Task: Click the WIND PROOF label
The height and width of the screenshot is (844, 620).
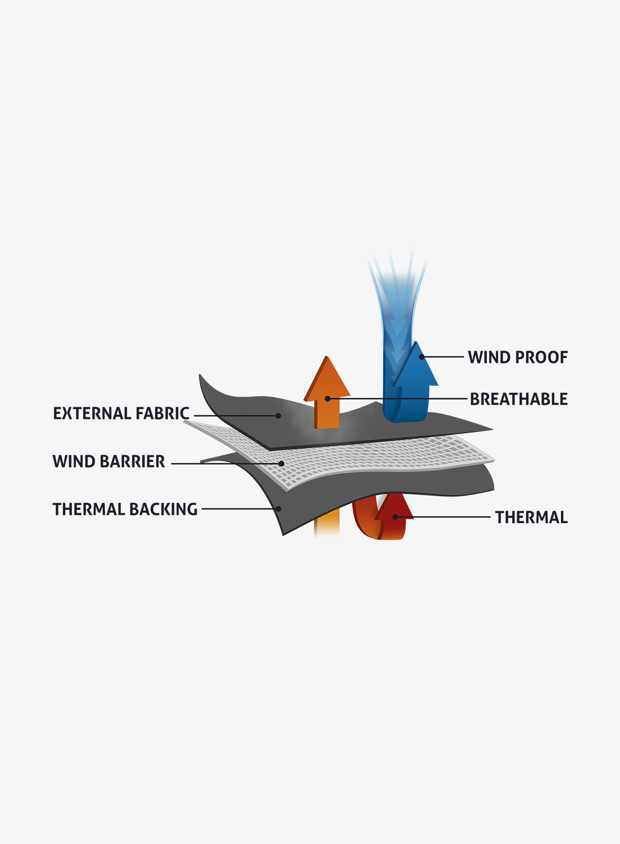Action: click(x=518, y=357)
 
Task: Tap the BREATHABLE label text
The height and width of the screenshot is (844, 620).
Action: click(x=519, y=399)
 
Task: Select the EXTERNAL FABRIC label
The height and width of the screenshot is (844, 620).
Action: click(x=121, y=414)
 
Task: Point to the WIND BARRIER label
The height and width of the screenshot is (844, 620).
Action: click(x=109, y=461)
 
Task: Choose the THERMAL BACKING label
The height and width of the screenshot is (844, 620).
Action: click(x=125, y=509)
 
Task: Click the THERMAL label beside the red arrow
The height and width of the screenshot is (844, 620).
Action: click(x=532, y=517)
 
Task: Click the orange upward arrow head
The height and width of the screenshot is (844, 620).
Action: click(x=327, y=378)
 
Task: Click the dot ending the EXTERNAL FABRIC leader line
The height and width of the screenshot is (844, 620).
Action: click(x=278, y=416)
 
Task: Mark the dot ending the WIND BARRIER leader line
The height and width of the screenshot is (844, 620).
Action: click(x=281, y=464)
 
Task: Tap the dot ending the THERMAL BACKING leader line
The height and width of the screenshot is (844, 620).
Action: click(x=279, y=509)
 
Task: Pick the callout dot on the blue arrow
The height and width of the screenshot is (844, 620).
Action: click(x=422, y=356)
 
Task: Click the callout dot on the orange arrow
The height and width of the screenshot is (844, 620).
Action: click(x=327, y=399)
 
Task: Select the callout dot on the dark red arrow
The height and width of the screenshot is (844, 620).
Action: click(x=395, y=517)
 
